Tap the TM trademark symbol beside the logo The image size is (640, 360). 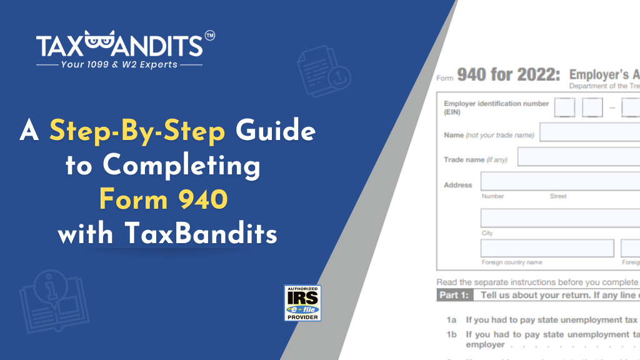tap(210, 36)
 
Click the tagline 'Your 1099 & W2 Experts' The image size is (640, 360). tap(119, 64)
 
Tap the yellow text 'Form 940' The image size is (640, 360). tap(163, 199)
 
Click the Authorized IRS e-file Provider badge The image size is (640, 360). tap(302, 303)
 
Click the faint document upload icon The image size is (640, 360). tap(319, 69)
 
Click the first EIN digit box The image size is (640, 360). tap(564, 107)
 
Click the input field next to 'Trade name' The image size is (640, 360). tap(578, 157)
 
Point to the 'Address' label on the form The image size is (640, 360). tap(457, 185)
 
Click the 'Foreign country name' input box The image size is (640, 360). tap(547, 248)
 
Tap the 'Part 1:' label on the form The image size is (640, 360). tap(454, 295)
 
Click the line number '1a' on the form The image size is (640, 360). tap(452, 319)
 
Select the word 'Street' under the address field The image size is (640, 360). tap(558, 196)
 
